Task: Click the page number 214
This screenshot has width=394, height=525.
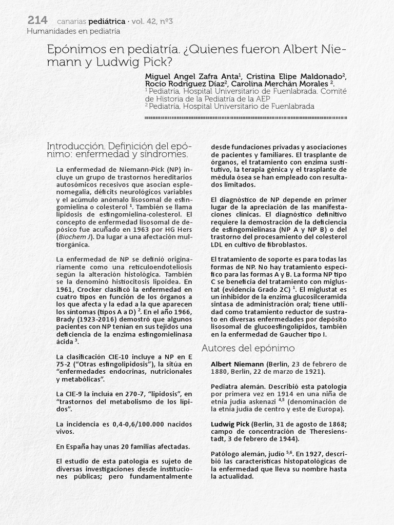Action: [37, 21]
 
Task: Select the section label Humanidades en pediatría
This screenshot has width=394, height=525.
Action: [73, 31]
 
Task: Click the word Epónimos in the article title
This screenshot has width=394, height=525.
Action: [72, 50]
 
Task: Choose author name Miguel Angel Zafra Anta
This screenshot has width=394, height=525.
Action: [190, 76]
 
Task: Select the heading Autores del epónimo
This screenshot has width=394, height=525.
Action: [248, 348]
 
